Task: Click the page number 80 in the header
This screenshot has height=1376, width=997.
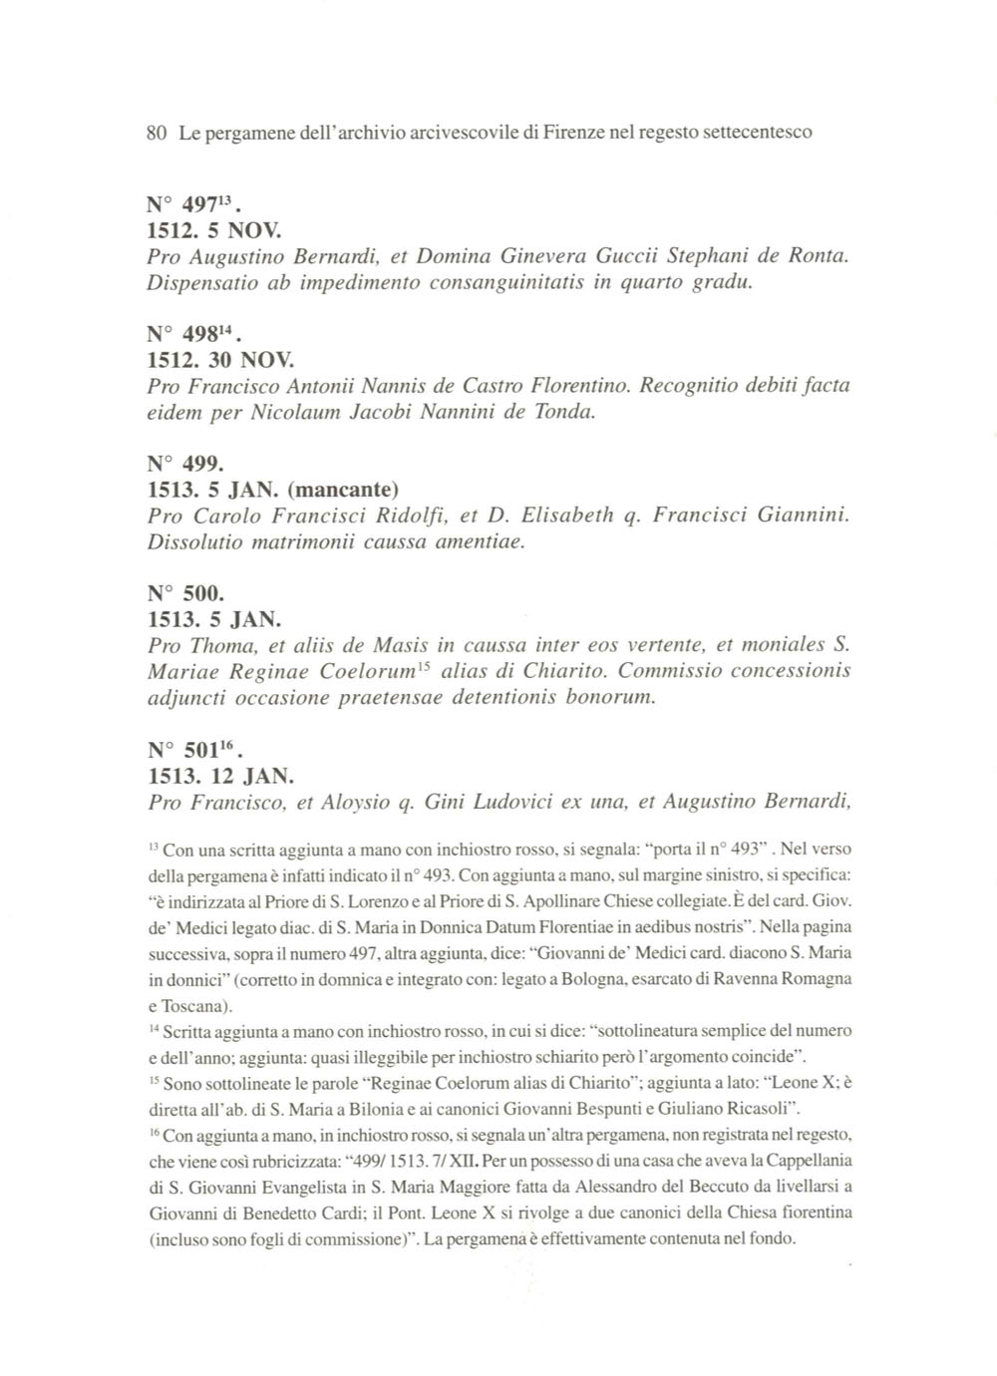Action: click(x=156, y=132)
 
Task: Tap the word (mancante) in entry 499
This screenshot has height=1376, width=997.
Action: click(x=342, y=490)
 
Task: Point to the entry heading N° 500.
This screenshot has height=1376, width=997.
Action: click(x=184, y=595)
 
